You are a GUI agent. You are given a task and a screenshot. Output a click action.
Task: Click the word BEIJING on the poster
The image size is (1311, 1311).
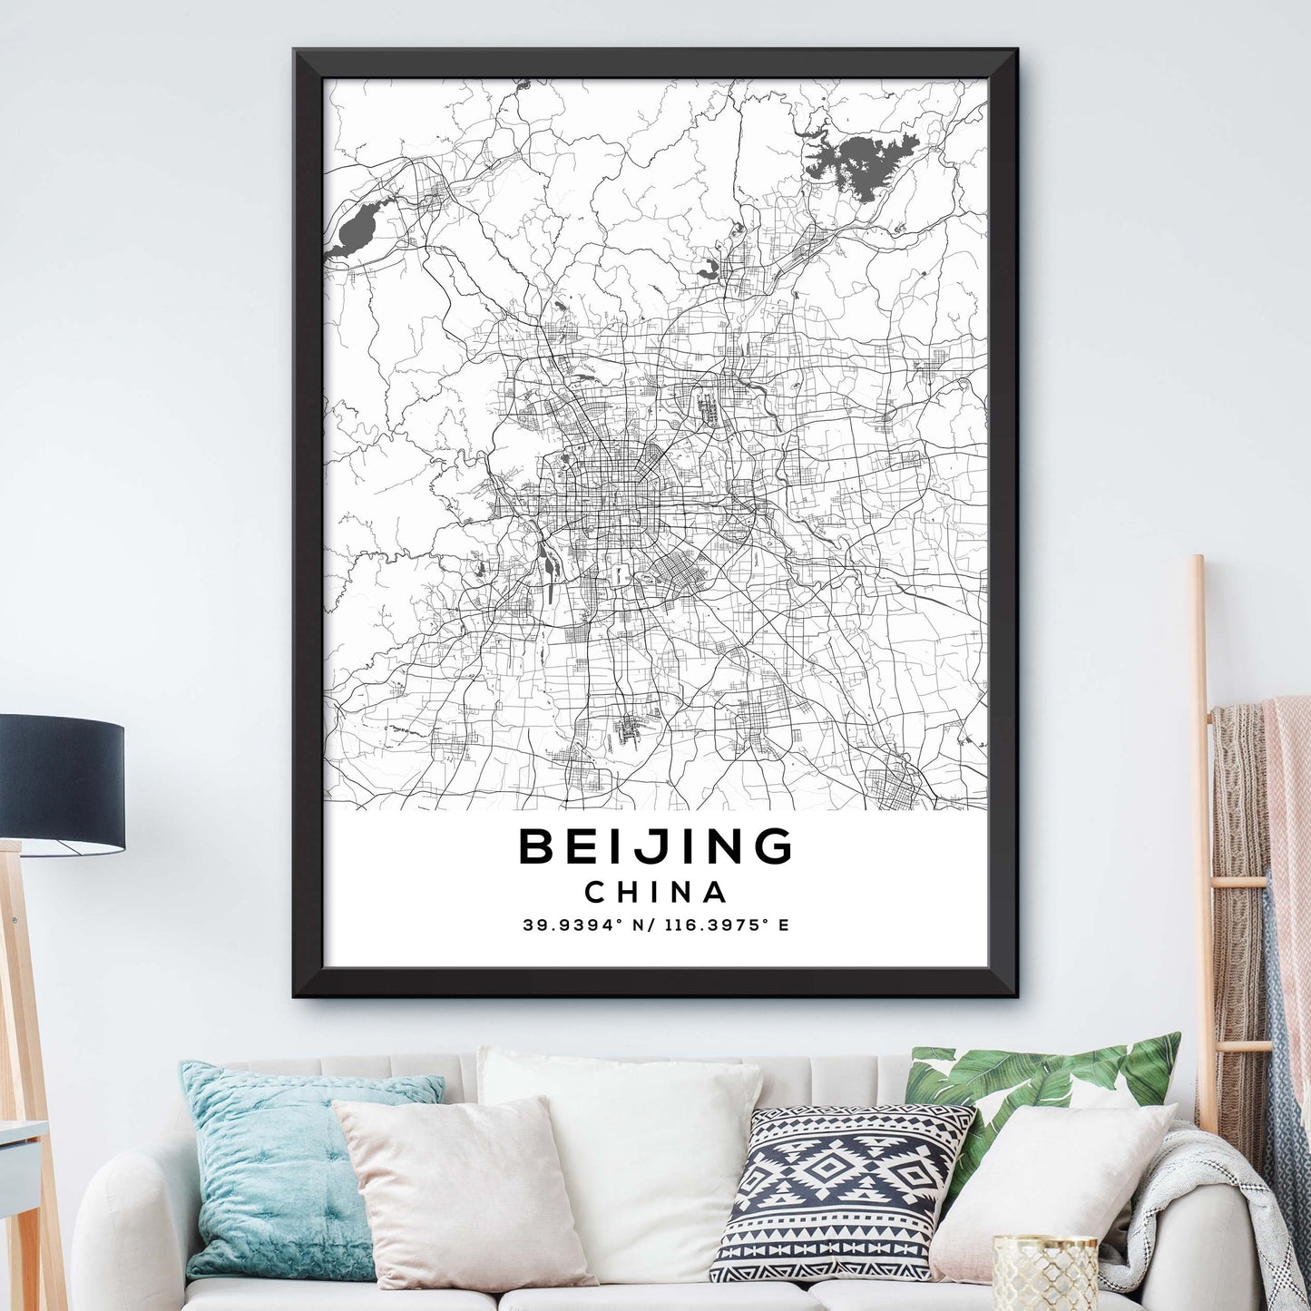[655, 846]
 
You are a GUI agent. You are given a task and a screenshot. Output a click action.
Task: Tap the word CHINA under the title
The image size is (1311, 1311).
[655, 893]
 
